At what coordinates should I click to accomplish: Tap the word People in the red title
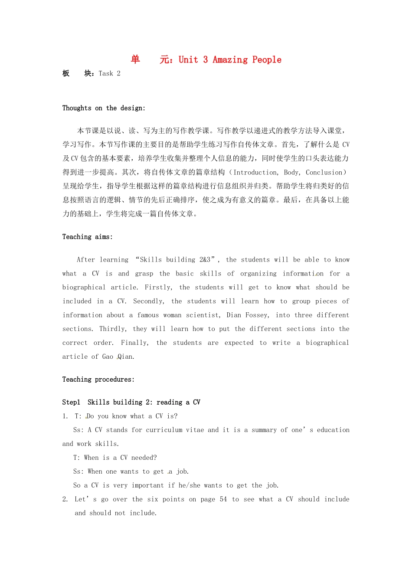[267, 60]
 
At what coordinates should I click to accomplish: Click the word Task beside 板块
[106, 73]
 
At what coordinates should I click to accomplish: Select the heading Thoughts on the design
[104, 108]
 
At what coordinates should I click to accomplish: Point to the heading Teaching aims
[87, 237]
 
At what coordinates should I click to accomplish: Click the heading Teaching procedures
[98, 380]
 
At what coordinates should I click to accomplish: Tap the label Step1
[71, 403]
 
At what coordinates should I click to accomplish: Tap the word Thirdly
[113, 329]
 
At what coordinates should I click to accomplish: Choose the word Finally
[134, 343]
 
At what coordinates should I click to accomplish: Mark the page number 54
[223, 499]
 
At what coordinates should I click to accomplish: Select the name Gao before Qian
[108, 357]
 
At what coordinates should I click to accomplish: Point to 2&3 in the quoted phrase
[205, 260]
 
